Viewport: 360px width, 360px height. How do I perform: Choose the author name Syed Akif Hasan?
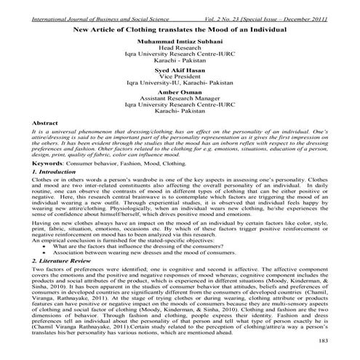click(180, 70)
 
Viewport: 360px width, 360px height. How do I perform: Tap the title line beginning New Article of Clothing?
click(180, 28)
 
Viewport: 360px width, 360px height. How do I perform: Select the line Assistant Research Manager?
click(180, 103)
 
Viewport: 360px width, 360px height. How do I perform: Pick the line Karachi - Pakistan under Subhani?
click(180, 63)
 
